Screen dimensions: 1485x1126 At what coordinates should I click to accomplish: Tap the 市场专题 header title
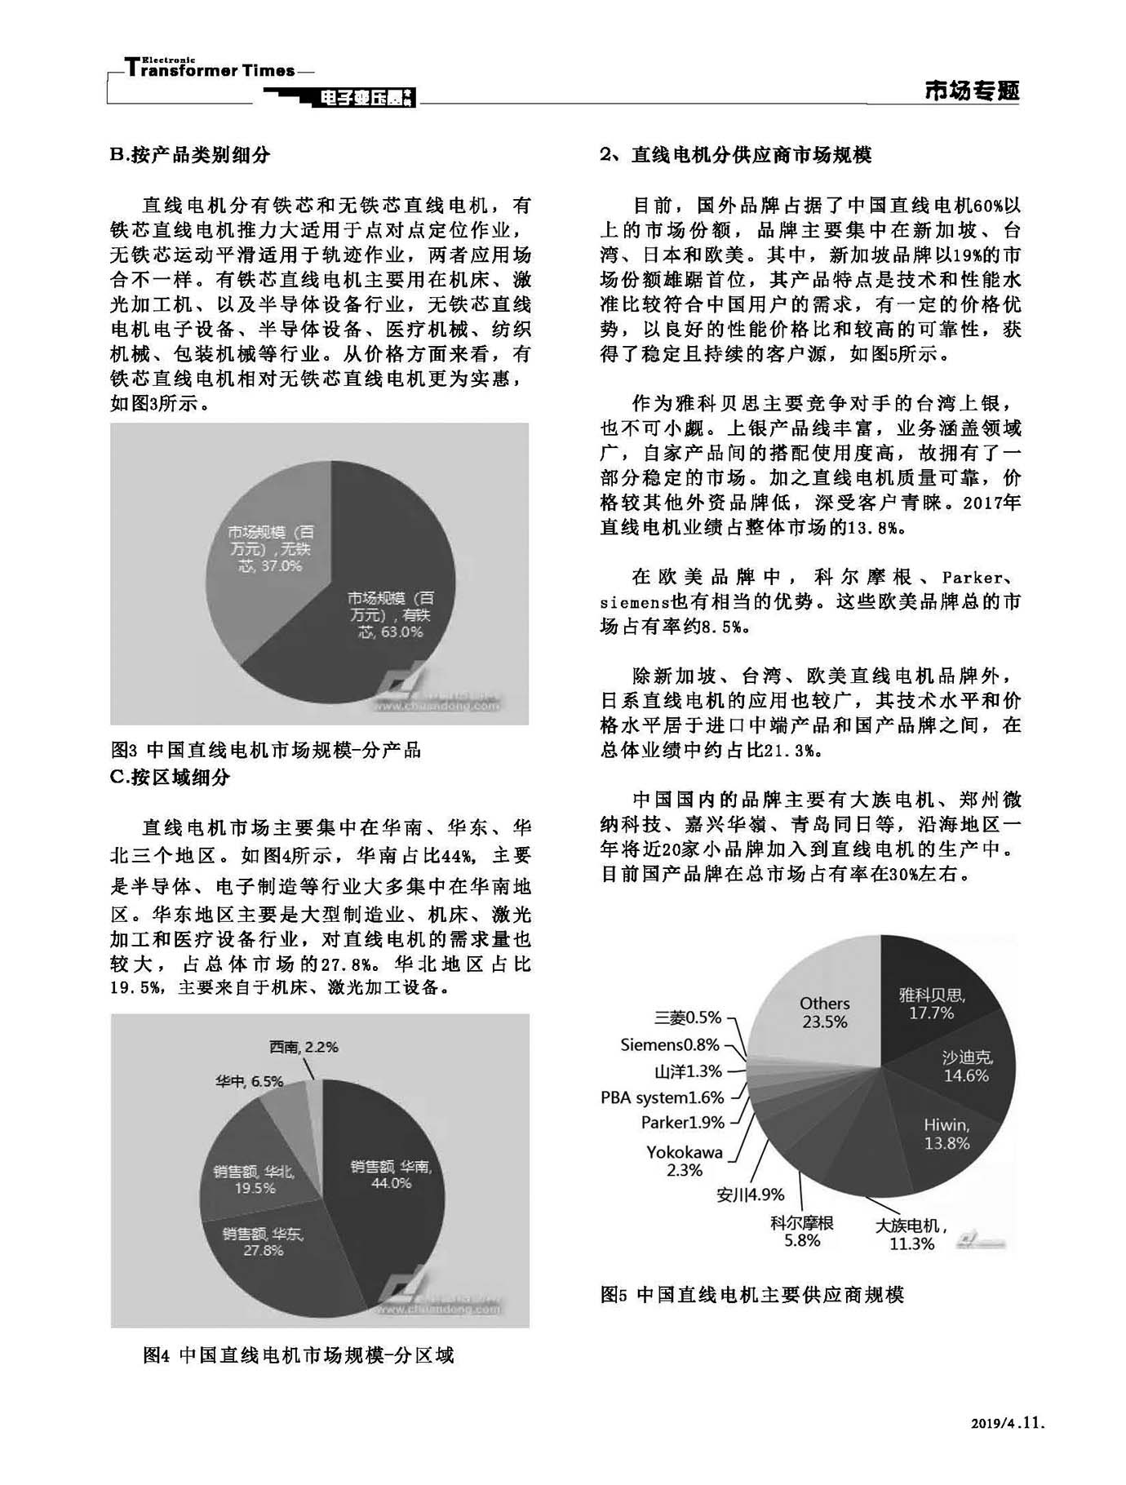click(972, 91)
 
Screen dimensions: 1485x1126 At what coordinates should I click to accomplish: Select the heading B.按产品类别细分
click(190, 155)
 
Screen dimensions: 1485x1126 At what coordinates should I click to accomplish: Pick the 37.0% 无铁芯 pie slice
click(269, 547)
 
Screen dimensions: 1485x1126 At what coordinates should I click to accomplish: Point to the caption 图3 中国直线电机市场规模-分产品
click(266, 750)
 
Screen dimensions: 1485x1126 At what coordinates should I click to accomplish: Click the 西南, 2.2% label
click(303, 1047)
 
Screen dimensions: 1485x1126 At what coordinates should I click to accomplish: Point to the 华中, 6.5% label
click(249, 1081)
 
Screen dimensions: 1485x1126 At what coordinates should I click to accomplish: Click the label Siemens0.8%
click(670, 1044)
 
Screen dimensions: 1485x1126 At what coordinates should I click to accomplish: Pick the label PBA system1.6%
click(663, 1097)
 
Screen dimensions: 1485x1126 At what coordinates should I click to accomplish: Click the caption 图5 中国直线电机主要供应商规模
click(752, 1295)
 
